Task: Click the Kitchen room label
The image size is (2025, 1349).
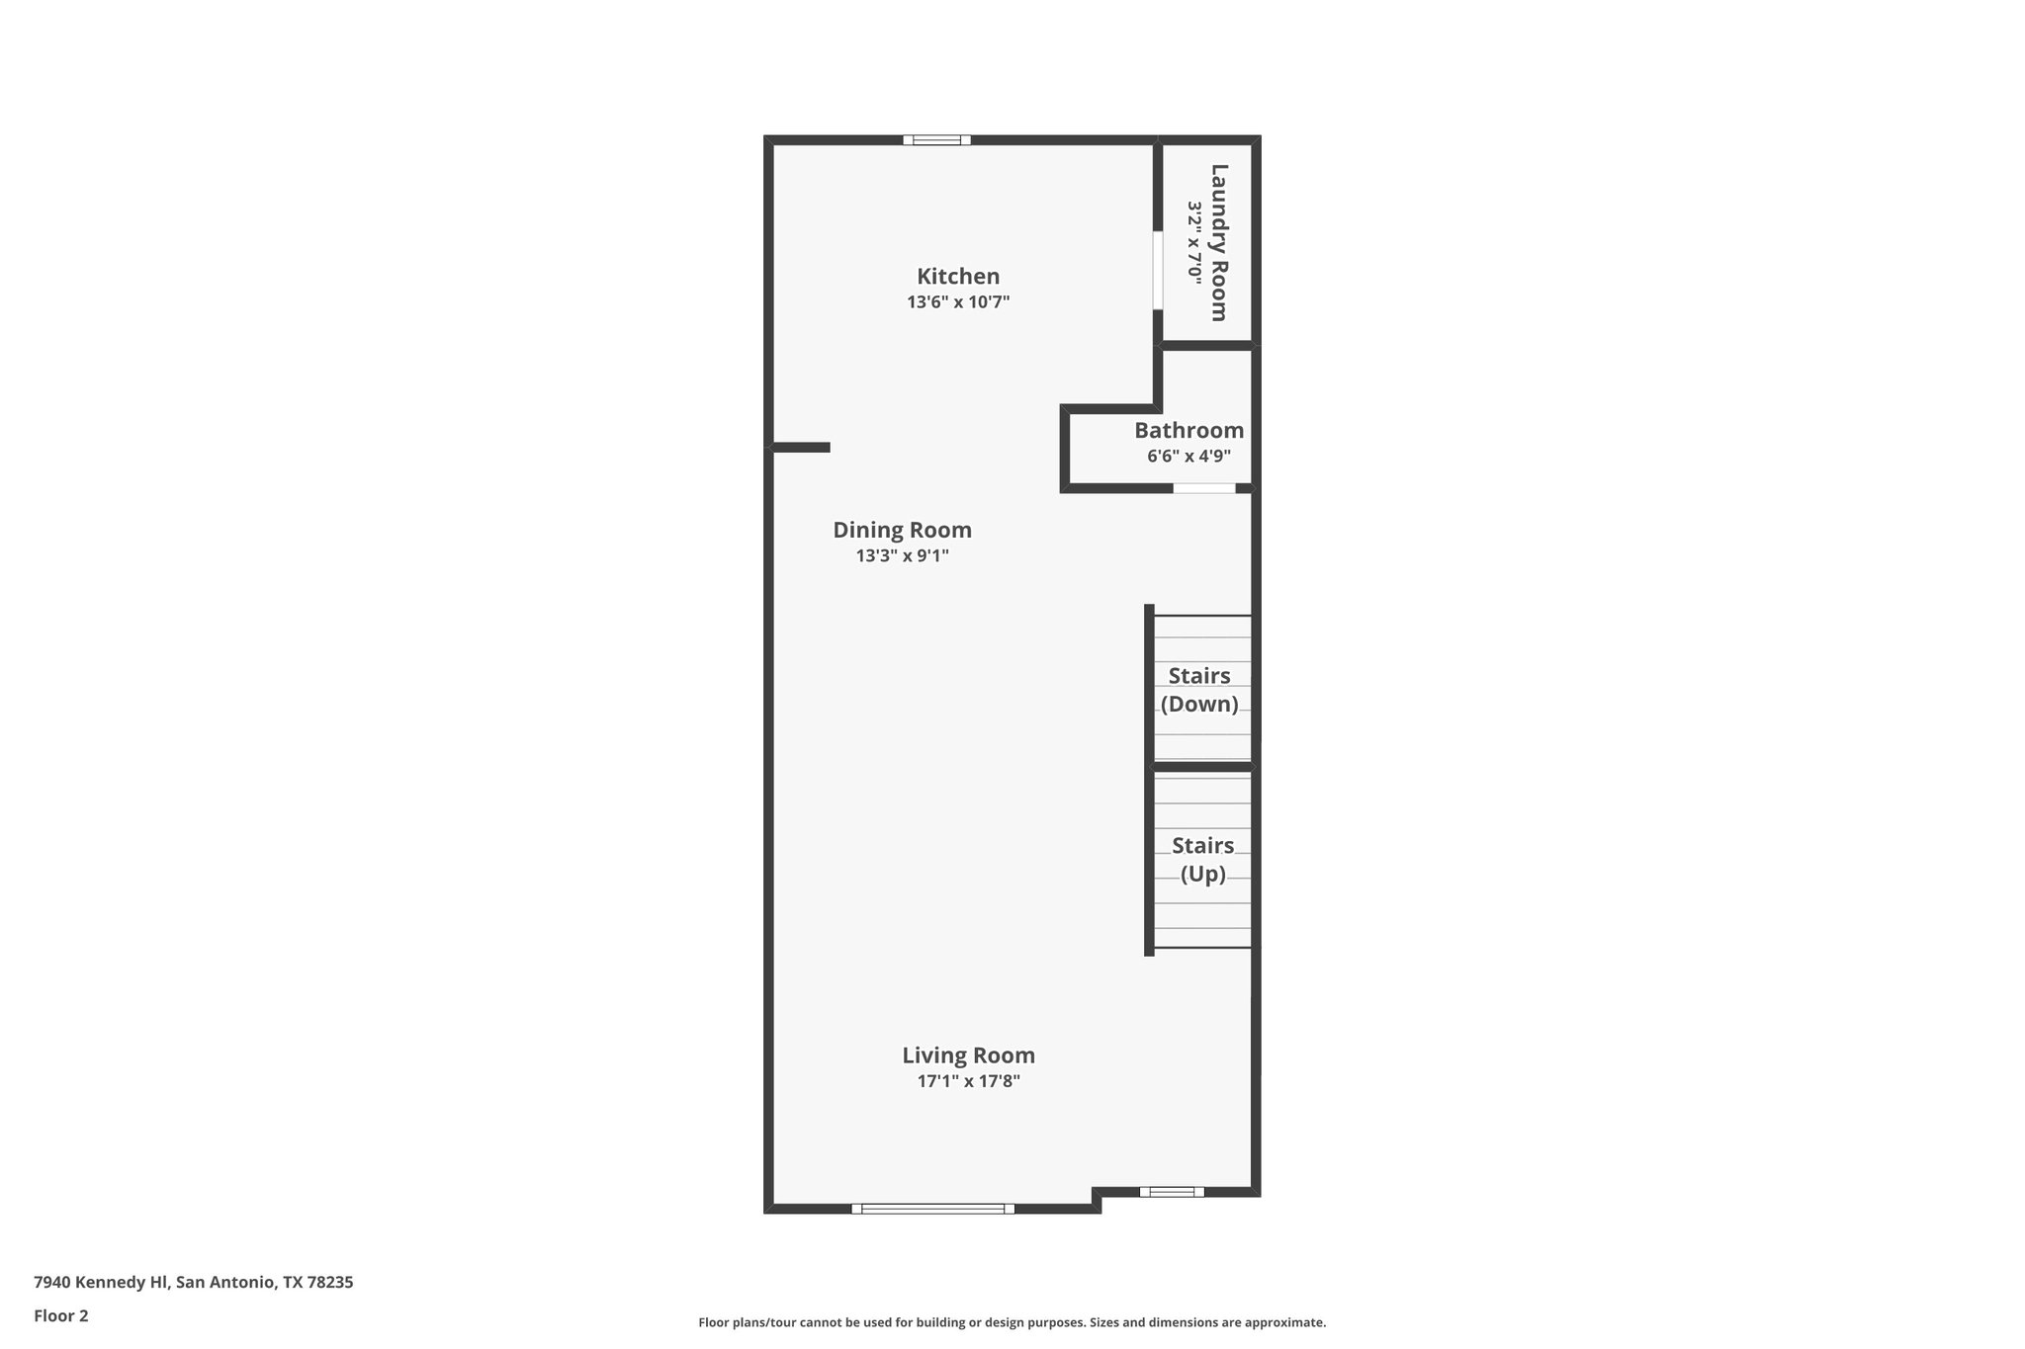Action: [x=957, y=277]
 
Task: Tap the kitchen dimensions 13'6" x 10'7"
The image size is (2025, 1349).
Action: [x=957, y=302]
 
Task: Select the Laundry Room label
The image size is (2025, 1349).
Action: [x=1219, y=242]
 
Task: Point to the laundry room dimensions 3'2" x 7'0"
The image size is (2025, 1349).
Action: [x=1194, y=242]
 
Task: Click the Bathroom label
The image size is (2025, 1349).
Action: [x=1189, y=431]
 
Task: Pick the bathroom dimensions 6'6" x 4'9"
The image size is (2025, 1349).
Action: [x=1189, y=457]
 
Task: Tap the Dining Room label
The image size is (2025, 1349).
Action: [x=902, y=530]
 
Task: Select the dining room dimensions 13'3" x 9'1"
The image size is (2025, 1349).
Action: [x=902, y=556]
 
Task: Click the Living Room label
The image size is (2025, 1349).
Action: [x=968, y=1055]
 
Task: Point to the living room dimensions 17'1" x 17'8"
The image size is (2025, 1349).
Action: [x=968, y=1081]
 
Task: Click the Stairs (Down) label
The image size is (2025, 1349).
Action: [x=1199, y=690]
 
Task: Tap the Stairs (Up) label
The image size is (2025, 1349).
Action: [x=1202, y=860]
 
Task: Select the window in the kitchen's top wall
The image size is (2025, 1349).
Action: [x=936, y=140]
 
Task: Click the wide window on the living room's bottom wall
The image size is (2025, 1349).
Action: [x=932, y=1208]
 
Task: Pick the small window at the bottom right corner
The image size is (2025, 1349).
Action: [x=1172, y=1192]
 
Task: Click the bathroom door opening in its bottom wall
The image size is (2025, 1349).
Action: [x=1204, y=488]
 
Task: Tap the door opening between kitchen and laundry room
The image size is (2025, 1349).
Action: [x=1157, y=271]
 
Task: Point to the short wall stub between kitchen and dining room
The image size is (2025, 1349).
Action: [x=801, y=448]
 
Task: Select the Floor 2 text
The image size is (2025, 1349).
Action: [x=61, y=1316]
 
